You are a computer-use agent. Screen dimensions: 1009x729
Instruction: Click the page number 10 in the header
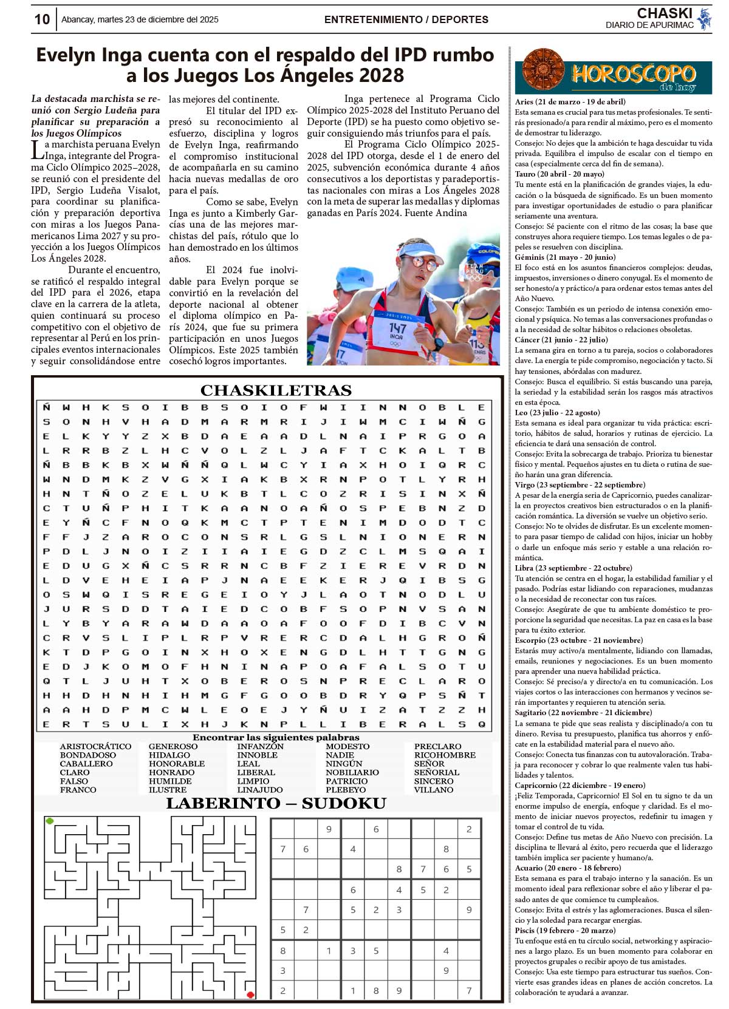42,19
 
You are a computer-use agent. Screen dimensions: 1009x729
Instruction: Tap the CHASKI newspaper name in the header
664,13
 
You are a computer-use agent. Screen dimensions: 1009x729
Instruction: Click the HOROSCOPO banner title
632,75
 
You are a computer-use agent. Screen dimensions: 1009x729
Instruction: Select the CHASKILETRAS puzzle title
276,390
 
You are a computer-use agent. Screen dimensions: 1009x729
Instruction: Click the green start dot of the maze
50,821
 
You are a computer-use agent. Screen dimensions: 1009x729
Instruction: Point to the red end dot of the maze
250,994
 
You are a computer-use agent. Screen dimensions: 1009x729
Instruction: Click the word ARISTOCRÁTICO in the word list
95,746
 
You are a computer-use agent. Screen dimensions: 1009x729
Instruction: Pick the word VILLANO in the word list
434,790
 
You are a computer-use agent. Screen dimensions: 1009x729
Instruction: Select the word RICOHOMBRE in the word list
445,755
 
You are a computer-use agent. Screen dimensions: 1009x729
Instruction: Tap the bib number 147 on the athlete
397,328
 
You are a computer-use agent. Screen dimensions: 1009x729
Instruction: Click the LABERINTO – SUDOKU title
276,804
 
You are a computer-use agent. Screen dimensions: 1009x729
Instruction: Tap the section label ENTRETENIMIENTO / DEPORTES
406,19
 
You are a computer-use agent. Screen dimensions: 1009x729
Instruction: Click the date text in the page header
140,19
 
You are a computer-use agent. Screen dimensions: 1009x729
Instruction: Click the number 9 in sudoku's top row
329,829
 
